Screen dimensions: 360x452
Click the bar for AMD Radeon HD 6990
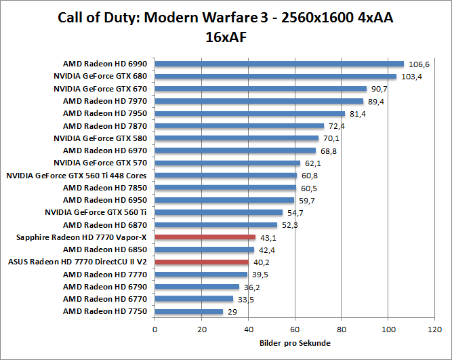[279, 64]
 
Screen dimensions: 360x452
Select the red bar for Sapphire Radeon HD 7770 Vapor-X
[205, 237]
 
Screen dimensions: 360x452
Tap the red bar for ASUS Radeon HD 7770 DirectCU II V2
[202, 262]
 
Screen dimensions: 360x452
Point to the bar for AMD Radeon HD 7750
[189, 312]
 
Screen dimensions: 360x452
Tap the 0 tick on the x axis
[155, 329]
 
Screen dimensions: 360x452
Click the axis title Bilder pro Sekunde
[295, 343]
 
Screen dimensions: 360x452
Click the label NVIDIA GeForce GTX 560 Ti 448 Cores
[77, 176]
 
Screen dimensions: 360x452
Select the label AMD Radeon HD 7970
[105, 101]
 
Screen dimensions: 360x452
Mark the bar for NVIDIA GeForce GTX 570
[228, 163]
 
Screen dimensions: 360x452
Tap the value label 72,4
[337, 126]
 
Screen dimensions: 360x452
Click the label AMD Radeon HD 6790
[105, 287]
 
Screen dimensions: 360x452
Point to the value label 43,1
[268, 237]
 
